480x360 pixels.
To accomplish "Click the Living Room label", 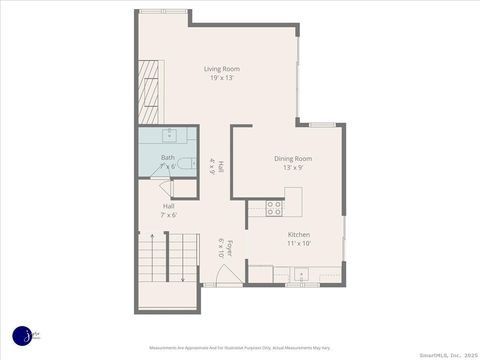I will click(x=222, y=69).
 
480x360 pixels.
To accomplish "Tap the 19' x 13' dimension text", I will click(x=222, y=78).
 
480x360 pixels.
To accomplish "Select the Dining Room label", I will click(x=294, y=158).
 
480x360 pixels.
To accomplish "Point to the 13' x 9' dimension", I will click(x=294, y=167).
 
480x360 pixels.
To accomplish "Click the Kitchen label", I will click(x=299, y=234).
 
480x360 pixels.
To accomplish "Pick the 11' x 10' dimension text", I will click(x=299, y=243).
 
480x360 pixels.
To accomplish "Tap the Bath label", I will click(x=167, y=157).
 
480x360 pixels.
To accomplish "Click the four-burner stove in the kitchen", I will click(x=274, y=208).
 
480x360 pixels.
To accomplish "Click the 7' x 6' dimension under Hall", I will click(x=169, y=214).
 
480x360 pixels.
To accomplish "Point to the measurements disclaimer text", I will click(x=240, y=348).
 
